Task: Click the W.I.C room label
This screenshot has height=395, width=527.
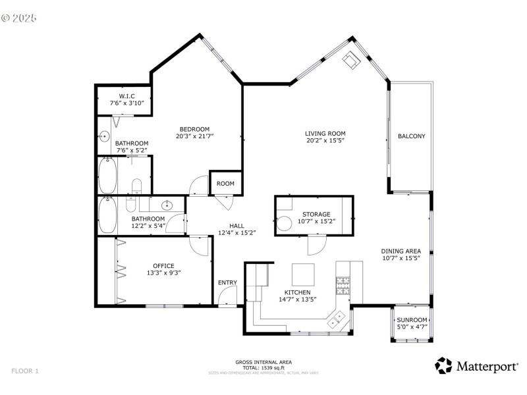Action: (x=127, y=96)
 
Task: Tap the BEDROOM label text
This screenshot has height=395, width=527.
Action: (x=194, y=128)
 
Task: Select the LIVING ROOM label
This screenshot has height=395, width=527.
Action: (x=325, y=133)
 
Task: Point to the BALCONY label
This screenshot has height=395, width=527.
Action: (x=411, y=136)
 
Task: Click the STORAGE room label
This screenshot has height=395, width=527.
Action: (x=316, y=214)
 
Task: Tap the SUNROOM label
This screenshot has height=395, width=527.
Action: (x=412, y=320)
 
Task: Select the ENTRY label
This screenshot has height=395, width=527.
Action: (x=227, y=283)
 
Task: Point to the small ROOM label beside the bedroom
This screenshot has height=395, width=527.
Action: (x=225, y=184)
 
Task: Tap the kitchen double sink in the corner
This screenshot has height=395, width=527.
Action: (x=338, y=319)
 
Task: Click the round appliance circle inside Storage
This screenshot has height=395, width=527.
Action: (x=285, y=223)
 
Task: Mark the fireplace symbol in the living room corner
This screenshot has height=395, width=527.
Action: (x=350, y=61)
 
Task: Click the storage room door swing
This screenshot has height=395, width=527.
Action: (x=316, y=245)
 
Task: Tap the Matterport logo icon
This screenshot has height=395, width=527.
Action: (x=443, y=365)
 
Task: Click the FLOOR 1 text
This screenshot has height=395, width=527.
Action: (x=25, y=371)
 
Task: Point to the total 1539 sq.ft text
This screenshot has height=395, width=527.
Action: (x=263, y=367)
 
